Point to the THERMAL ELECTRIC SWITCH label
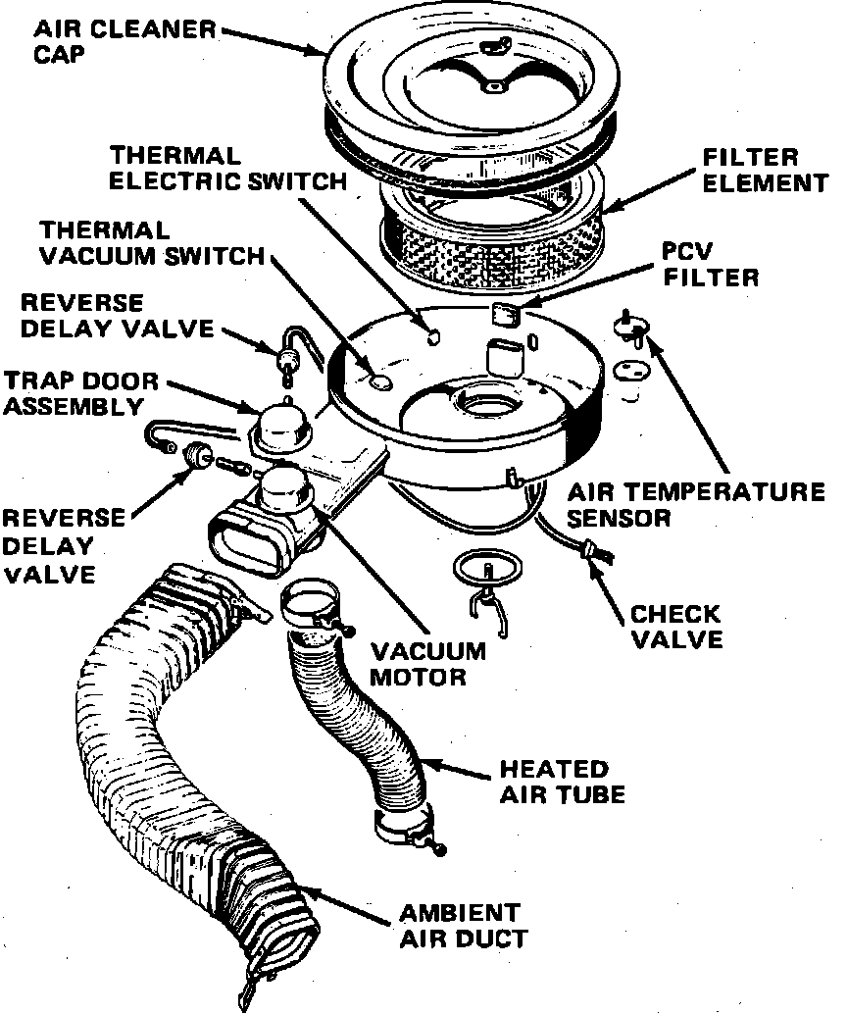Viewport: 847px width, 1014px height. click(x=227, y=169)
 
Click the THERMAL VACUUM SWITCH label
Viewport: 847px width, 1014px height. click(x=152, y=243)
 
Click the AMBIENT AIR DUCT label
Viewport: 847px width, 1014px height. click(x=461, y=925)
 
